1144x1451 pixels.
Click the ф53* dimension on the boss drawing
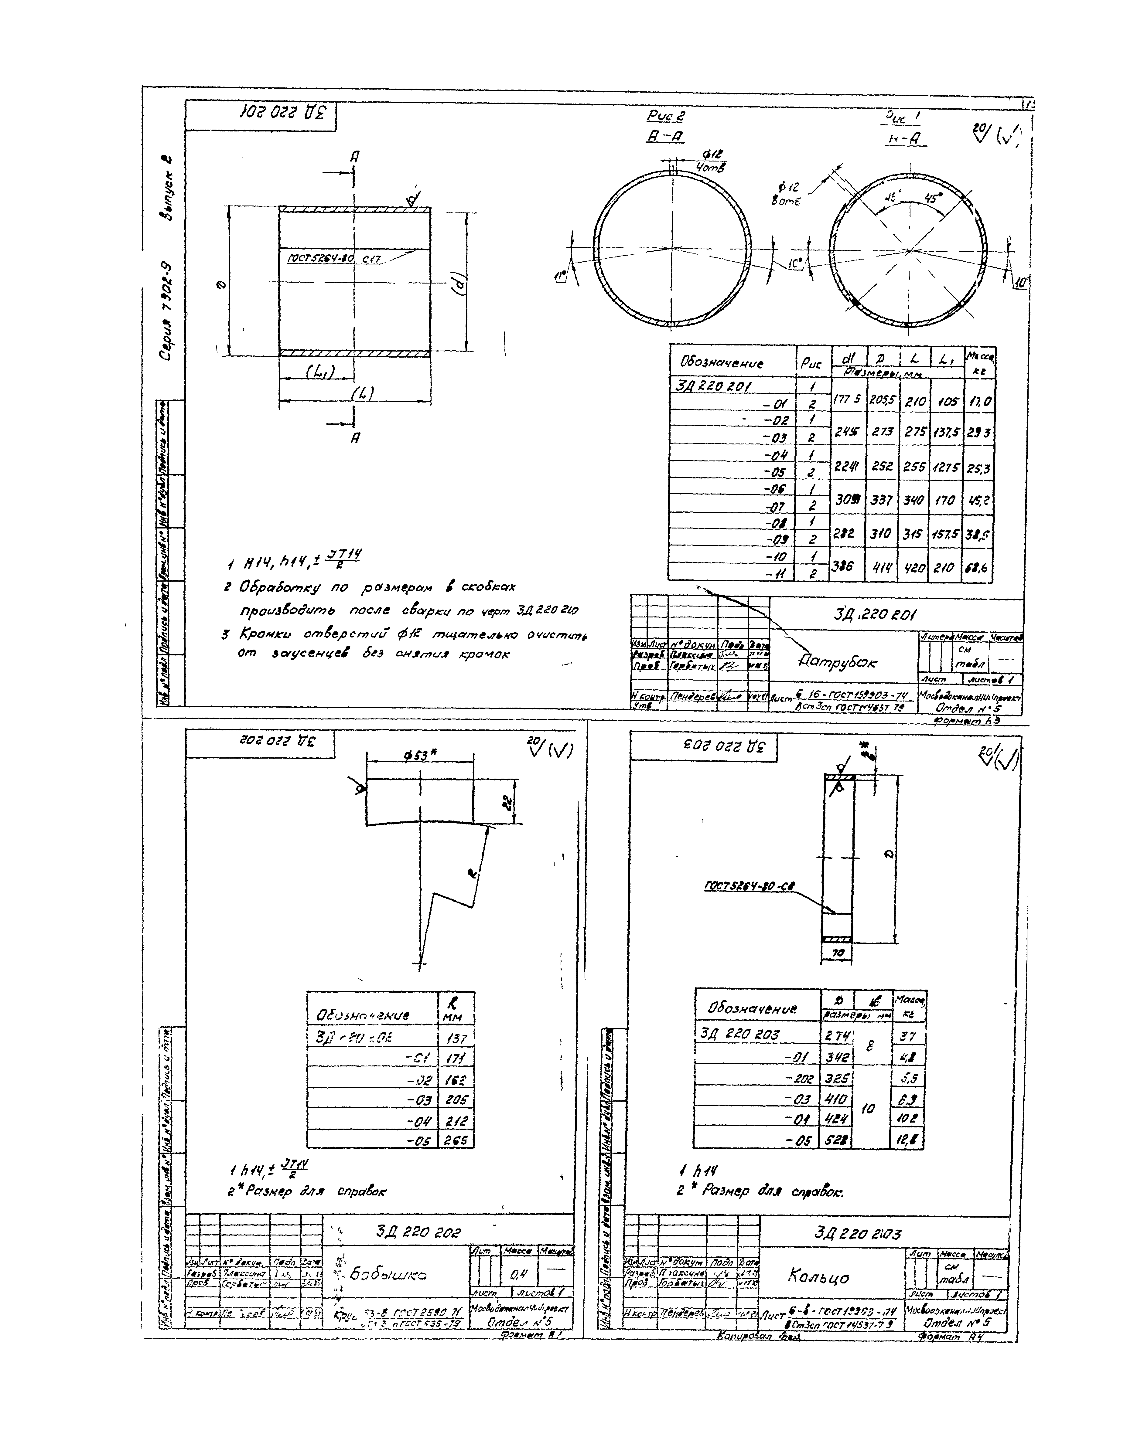(420, 755)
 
